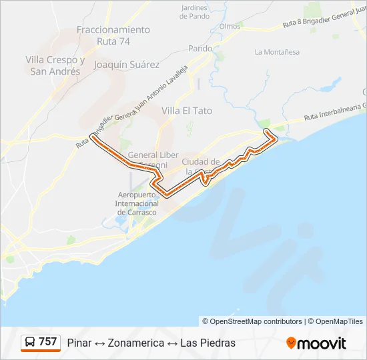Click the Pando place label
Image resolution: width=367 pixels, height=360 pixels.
tap(200, 49)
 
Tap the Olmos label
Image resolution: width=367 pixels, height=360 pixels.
tap(230, 26)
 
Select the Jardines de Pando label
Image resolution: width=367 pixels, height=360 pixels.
tap(195, 12)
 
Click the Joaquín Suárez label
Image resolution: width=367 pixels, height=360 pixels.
tap(127, 65)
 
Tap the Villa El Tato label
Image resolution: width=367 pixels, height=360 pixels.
tap(187, 111)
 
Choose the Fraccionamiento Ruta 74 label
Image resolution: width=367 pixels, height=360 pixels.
tap(113, 35)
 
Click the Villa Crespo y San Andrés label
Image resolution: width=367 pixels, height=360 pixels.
tap(55, 65)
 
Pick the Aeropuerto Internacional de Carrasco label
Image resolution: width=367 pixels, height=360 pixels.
tap(136, 203)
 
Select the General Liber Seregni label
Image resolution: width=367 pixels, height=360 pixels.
tap(153, 159)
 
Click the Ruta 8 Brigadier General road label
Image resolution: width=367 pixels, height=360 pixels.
tap(324, 19)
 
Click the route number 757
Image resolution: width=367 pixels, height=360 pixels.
tap(47, 342)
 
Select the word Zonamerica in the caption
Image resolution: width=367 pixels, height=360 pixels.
tap(135, 343)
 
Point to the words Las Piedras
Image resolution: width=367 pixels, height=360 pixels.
tap(208, 343)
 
